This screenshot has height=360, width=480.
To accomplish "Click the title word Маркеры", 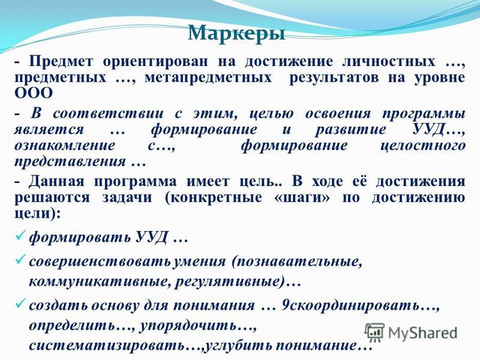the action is point(236,32).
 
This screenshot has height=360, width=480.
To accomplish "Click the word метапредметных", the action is point(208,78).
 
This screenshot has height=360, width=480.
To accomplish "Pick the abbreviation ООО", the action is point(34,94).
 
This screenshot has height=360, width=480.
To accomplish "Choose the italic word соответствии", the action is point(108,113).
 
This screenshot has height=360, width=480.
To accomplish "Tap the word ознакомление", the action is point(65,145).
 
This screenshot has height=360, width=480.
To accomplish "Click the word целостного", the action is point(423,145).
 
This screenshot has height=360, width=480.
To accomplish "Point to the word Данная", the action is point(56,182).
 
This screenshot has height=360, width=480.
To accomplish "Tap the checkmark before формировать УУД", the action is point(20,236).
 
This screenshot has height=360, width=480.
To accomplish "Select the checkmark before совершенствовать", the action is point(20,260).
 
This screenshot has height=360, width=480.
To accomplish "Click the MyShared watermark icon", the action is point(374,332).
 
